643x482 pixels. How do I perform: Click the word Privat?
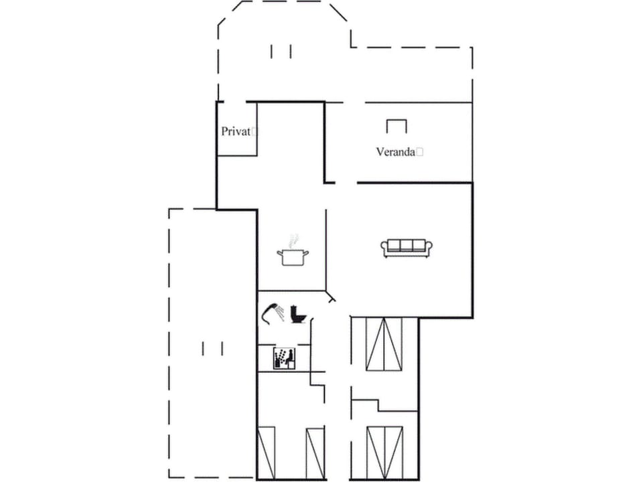236,132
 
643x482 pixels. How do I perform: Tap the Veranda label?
395,152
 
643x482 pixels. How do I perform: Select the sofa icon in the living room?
407,248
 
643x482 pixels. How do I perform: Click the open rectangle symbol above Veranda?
397,126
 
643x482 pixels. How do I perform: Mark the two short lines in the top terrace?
281,51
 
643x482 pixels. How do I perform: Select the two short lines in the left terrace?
212,348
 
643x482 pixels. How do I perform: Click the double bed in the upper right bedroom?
384,344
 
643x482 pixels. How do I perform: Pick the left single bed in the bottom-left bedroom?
266,453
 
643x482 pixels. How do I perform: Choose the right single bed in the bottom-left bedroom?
315,453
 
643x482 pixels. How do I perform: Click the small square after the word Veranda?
420,152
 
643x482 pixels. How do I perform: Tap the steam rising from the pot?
291,240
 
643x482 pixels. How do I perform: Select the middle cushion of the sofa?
407,245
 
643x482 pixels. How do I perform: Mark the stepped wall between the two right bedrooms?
378,405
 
